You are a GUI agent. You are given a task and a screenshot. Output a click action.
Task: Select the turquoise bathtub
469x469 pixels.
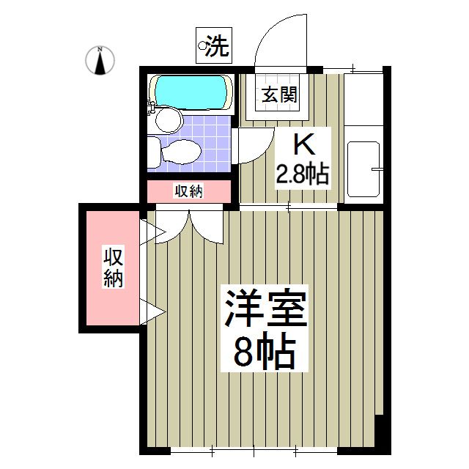tap(190, 93)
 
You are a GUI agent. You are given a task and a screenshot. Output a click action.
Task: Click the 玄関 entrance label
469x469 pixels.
tap(281, 95)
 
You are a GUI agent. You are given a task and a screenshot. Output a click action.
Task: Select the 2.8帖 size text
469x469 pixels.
tap(301, 175)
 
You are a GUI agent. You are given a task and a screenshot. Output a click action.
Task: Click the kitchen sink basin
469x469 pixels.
tap(363, 168)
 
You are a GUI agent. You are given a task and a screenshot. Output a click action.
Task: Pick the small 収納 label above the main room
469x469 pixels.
tap(189, 191)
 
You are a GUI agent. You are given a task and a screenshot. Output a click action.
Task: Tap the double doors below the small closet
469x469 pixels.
tap(190, 224)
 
